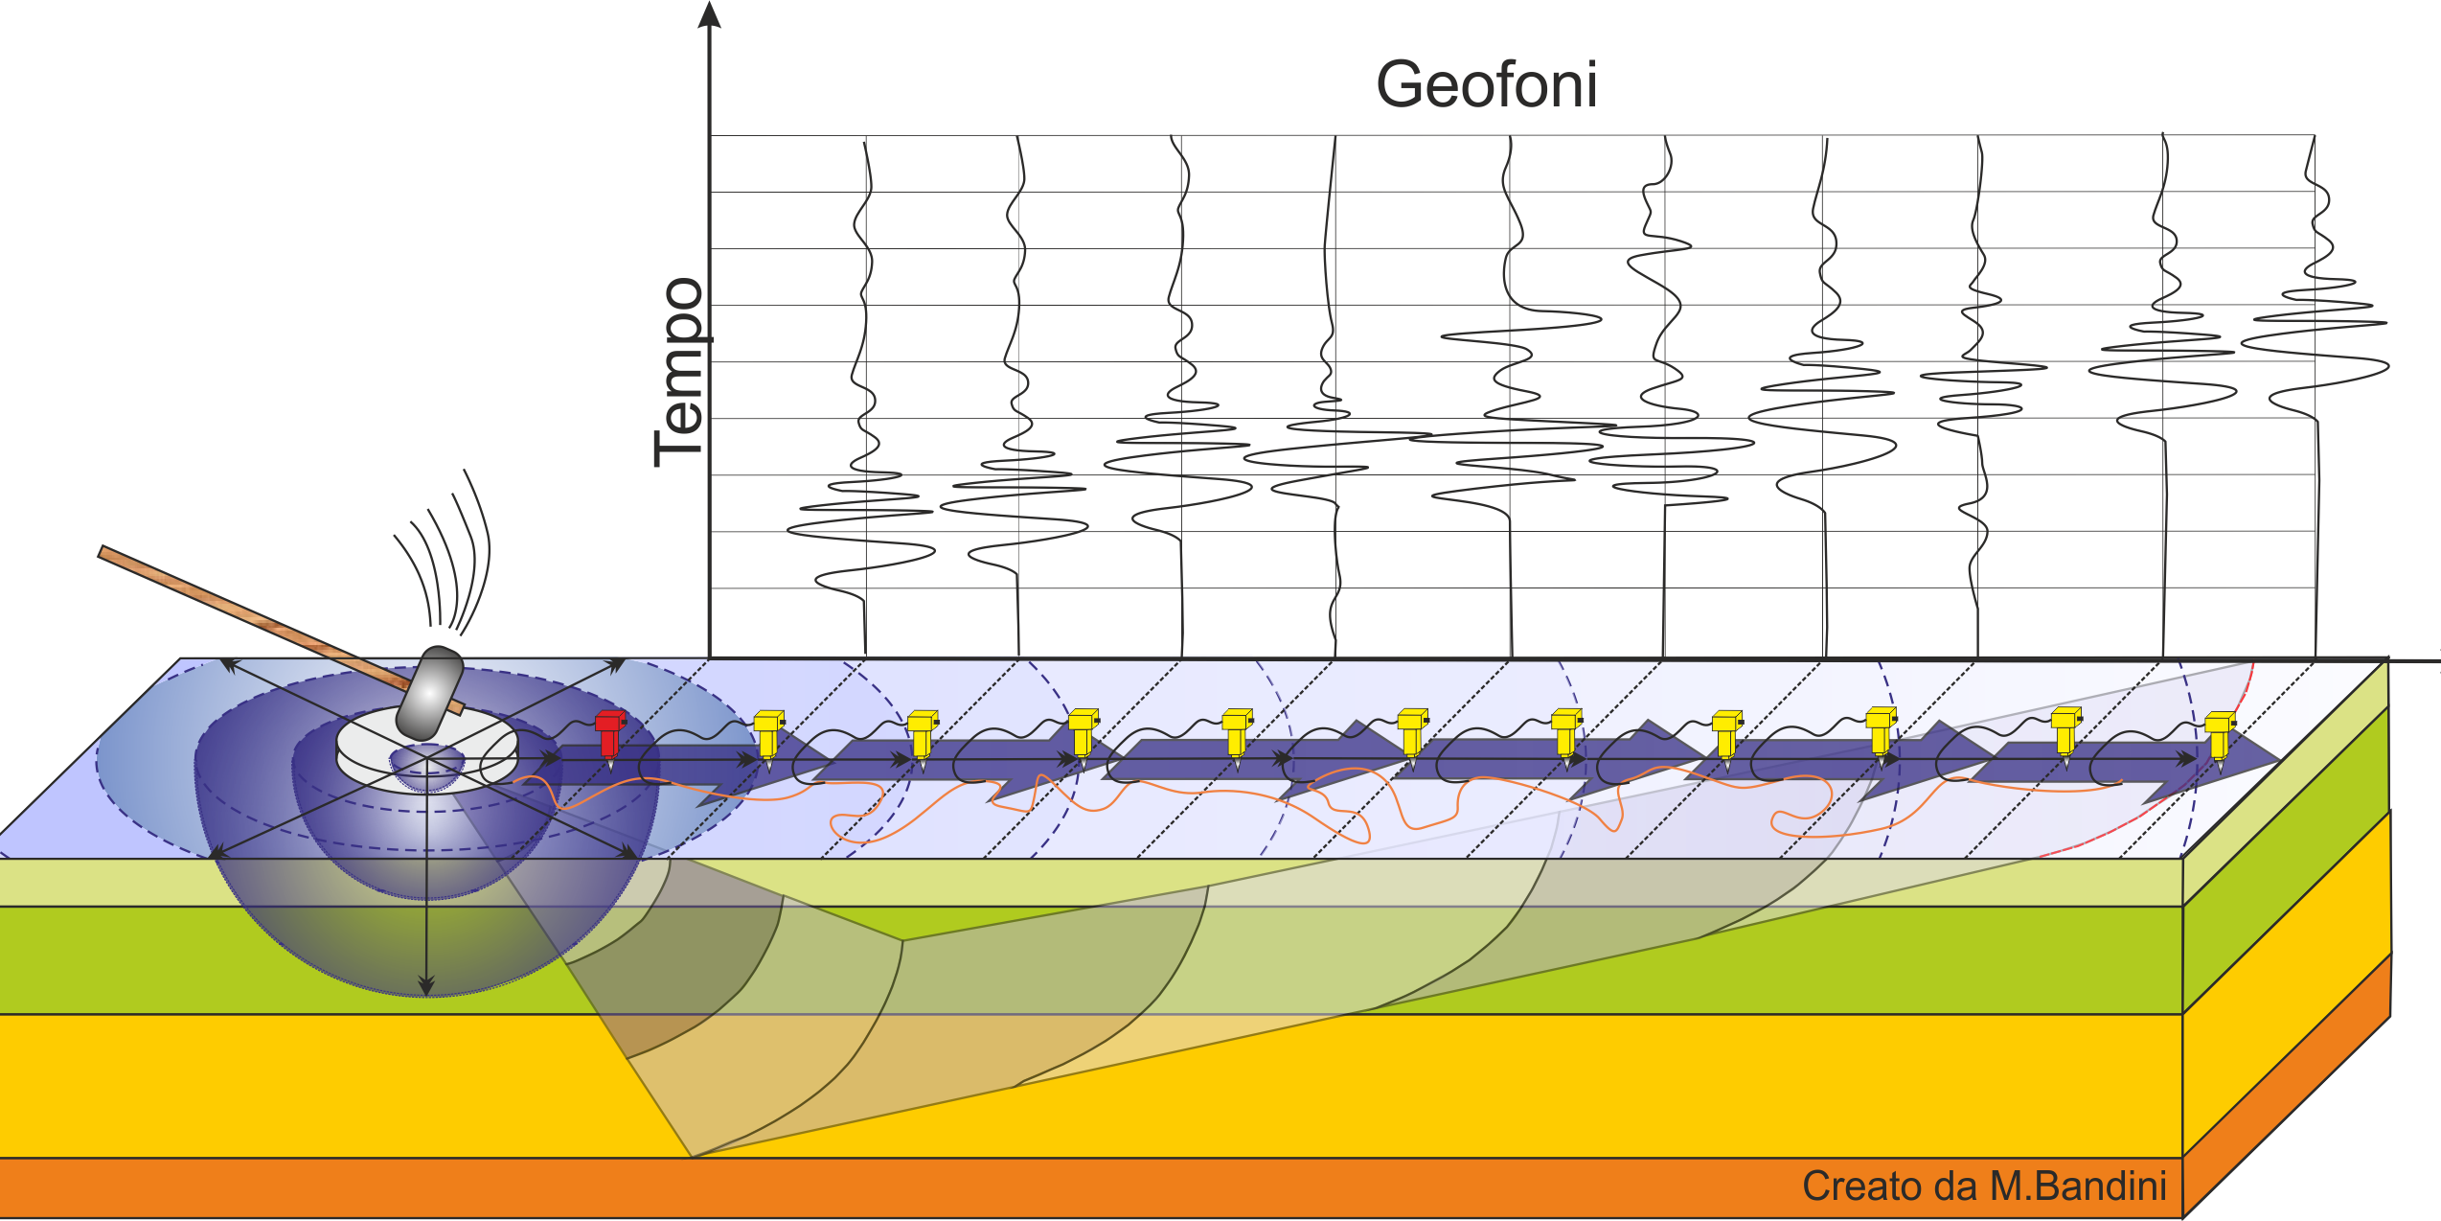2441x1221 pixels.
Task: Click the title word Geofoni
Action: click(x=1486, y=85)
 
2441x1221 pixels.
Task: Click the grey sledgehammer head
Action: click(x=430, y=691)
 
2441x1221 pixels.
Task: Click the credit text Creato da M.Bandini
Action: click(x=1983, y=1186)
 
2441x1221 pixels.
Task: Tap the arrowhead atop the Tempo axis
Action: click(x=709, y=14)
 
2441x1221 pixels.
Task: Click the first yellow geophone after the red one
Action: click(x=768, y=734)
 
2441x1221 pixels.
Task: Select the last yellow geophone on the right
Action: click(x=2220, y=734)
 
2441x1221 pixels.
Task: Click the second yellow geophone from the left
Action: click(x=922, y=734)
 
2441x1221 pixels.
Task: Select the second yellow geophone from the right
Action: click(x=2065, y=732)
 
